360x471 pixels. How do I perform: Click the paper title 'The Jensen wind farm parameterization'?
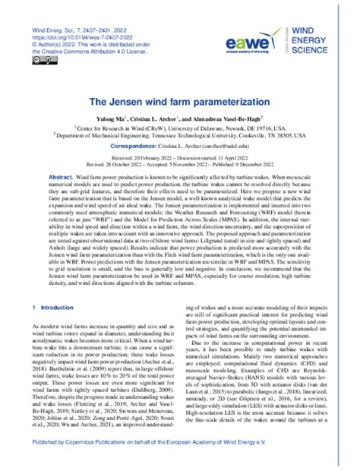point(179,99)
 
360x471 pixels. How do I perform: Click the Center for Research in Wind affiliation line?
point(179,128)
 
